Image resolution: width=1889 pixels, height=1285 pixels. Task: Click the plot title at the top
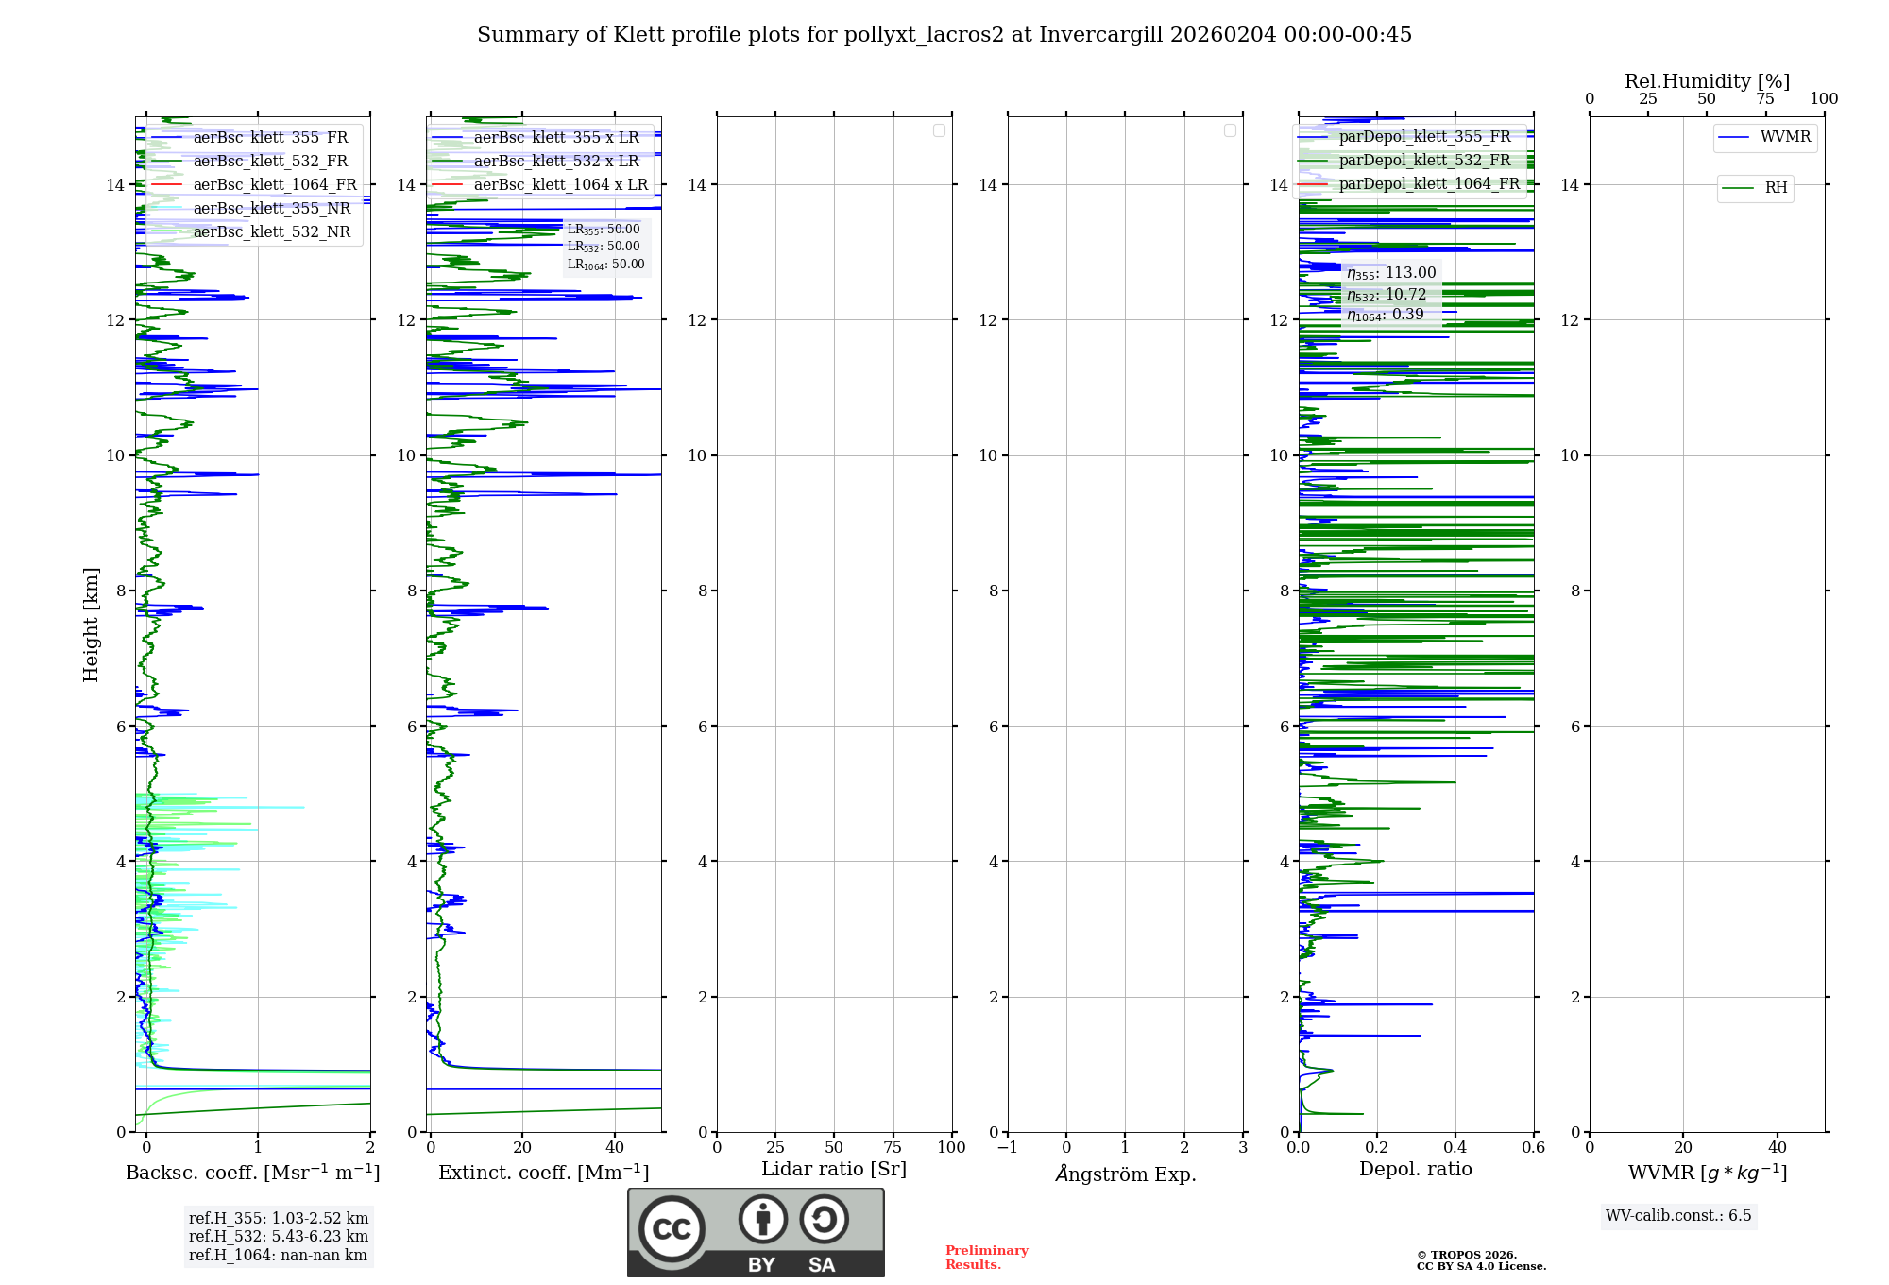944,35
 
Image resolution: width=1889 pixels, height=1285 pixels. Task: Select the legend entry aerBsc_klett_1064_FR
274,185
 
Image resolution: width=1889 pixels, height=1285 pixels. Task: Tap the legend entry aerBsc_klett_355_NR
271,209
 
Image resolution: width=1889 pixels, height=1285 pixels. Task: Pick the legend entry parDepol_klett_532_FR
1424,161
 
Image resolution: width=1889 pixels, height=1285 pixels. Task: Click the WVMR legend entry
1785,137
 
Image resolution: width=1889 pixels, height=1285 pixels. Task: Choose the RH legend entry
1776,188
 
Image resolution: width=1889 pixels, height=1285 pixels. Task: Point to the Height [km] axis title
91,625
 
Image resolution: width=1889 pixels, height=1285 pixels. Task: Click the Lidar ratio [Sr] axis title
834,1170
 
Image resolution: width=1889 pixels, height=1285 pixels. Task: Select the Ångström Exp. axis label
1125,1174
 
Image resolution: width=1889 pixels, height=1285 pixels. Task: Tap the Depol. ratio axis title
1415,1170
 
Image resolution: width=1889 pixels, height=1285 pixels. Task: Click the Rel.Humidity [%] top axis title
1707,81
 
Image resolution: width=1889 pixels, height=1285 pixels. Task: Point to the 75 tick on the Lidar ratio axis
893,1148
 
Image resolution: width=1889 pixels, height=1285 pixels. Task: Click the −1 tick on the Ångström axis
1007,1148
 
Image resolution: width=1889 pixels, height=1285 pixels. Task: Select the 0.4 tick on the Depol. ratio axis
1455,1148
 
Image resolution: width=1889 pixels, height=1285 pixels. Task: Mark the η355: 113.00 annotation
1391,273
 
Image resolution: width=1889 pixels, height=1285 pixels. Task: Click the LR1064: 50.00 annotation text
605,265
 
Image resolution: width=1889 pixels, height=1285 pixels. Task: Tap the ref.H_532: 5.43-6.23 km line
279,1237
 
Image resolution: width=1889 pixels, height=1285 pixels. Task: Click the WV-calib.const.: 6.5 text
1678,1216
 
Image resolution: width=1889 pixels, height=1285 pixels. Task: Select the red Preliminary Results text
986,1258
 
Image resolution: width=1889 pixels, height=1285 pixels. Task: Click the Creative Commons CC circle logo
672,1229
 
